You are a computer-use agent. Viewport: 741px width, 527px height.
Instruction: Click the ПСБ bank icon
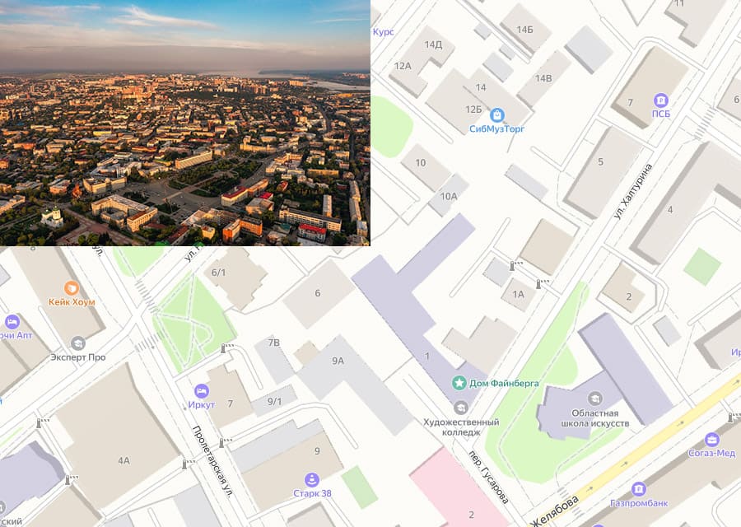660,100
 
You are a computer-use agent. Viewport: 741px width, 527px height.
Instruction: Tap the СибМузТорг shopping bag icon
497,114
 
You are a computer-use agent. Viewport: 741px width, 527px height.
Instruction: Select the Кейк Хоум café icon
72,287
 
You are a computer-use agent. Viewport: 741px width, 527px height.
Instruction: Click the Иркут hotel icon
201,390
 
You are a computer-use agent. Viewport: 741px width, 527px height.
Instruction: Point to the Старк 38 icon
312,479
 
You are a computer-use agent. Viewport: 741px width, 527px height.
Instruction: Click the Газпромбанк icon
638,488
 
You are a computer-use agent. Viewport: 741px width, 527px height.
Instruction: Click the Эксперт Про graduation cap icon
78,343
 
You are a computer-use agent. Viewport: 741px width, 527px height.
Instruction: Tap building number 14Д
433,44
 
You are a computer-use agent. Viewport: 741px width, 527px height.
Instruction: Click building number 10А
448,196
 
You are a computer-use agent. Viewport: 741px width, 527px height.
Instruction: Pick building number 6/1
218,273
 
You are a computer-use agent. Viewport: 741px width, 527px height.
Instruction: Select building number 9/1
273,401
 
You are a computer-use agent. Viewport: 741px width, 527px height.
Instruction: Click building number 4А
123,460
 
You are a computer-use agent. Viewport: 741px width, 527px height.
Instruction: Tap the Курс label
383,31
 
